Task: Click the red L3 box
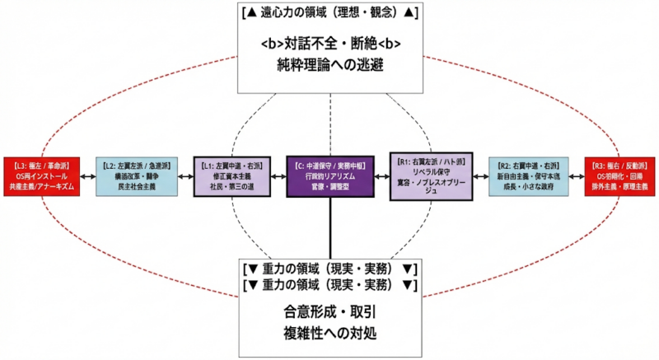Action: tap(41, 175)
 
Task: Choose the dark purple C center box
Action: tap(329, 175)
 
